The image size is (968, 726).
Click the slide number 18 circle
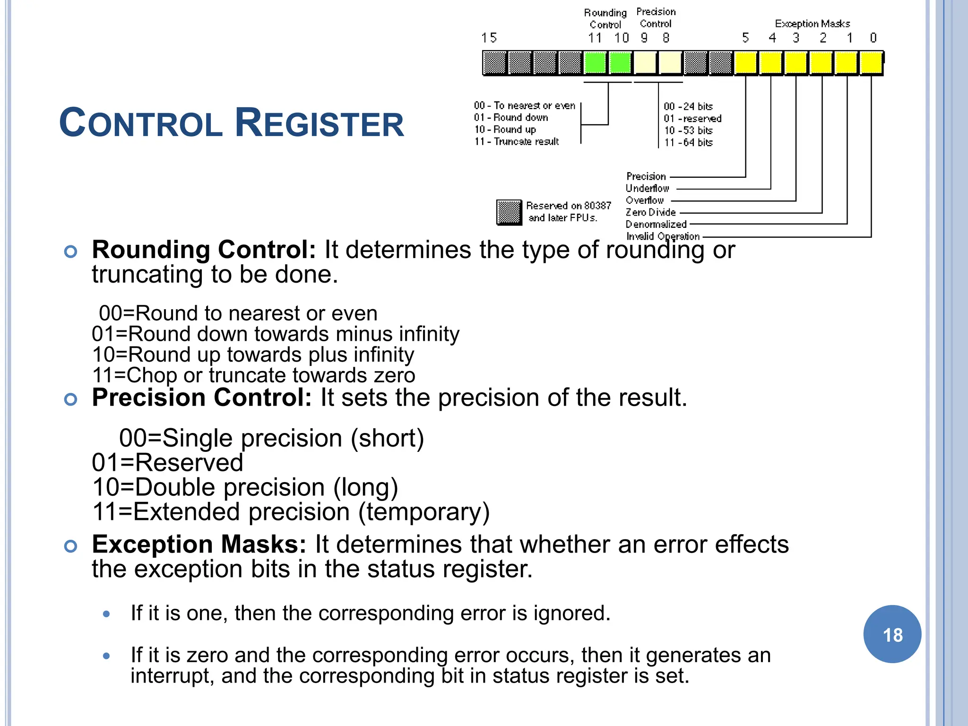pyautogui.click(x=892, y=634)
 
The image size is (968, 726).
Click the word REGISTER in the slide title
pyautogui.click(x=320, y=123)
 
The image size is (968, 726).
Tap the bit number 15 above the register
pyautogui.click(x=489, y=38)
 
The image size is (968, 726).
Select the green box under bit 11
pyautogui.click(x=595, y=63)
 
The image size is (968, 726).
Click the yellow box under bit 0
pyautogui.click(x=871, y=63)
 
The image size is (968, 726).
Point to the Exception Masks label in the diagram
pyautogui.click(x=812, y=24)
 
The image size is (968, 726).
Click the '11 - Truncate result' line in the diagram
pyautogui.click(x=517, y=141)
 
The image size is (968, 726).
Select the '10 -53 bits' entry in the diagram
pyautogui.click(x=688, y=130)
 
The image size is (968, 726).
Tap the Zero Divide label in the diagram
pyautogui.click(x=650, y=212)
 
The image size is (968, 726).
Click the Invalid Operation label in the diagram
pyautogui.click(x=663, y=236)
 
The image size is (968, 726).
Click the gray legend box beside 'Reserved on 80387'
pyautogui.click(x=509, y=212)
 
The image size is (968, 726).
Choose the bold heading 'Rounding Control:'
pyautogui.click(x=204, y=250)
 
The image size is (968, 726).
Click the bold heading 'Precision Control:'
pyautogui.click(x=202, y=397)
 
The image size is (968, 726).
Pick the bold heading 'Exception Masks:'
pyautogui.click(x=199, y=544)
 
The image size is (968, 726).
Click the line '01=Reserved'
pyautogui.click(x=167, y=462)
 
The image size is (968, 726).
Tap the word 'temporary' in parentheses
pyautogui.click(x=423, y=511)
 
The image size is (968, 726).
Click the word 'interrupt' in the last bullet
pyautogui.click(x=169, y=676)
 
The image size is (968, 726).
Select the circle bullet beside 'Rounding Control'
pyautogui.click(x=70, y=251)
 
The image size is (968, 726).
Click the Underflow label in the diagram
pyautogui.click(x=647, y=188)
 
